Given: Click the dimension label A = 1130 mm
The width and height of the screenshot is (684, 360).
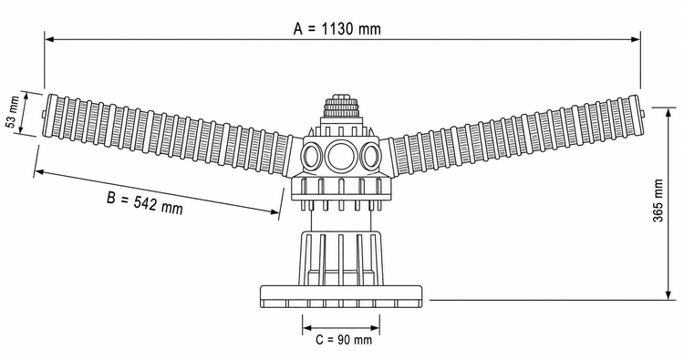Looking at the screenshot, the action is point(337,29).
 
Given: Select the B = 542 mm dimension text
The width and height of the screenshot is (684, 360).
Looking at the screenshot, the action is point(145,203).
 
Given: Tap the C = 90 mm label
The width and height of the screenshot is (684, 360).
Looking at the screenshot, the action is point(344,340).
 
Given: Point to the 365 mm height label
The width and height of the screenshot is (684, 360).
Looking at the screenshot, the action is point(658,201).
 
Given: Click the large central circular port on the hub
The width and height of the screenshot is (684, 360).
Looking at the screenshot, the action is point(340,156).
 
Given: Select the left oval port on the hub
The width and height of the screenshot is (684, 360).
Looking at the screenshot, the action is point(312,157).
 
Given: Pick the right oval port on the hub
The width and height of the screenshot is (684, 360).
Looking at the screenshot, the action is point(369,157).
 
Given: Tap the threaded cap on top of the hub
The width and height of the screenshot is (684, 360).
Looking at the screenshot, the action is point(340,106).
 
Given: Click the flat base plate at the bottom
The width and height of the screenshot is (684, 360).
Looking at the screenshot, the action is point(341,296).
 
